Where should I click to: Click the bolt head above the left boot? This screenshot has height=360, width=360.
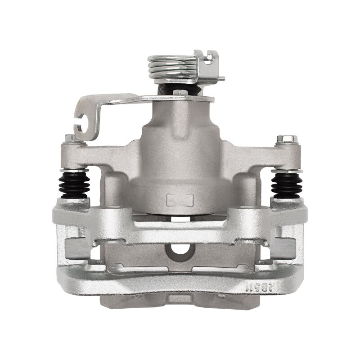(70, 138)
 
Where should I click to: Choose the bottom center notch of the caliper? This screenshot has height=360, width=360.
(180, 299)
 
